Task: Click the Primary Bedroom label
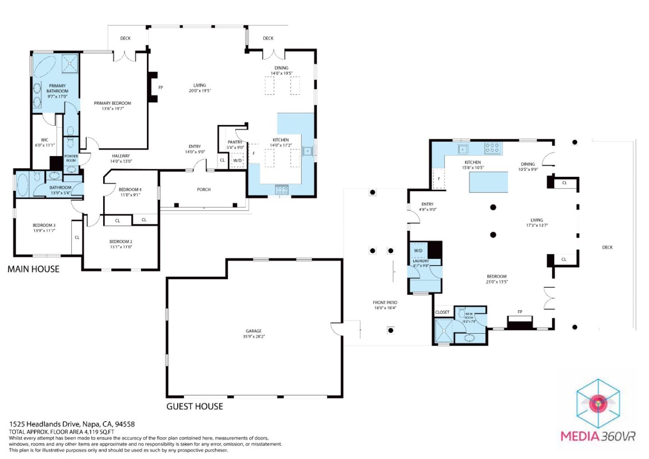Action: click(x=112, y=106)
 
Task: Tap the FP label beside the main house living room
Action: click(x=160, y=87)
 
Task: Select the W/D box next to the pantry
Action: click(x=237, y=161)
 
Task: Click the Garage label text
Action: click(x=253, y=333)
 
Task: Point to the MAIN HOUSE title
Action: click(x=33, y=269)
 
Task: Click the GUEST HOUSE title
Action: click(x=195, y=406)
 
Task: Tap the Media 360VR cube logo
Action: click(x=599, y=403)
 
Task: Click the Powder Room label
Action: click(x=71, y=158)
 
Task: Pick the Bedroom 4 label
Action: click(x=130, y=192)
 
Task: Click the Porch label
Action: click(x=204, y=189)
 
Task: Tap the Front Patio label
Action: click(x=385, y=305)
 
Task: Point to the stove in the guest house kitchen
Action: click(x=492, y=148)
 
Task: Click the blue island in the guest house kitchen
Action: click(x=489, y=182)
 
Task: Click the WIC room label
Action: click(x=44, y=142)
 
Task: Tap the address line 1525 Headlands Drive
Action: click(x=72, y=424)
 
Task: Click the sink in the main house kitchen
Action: click(x=308, y=151)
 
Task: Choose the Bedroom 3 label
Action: click(x=44, y=228)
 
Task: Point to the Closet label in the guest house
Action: click(x=442, y=312)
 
